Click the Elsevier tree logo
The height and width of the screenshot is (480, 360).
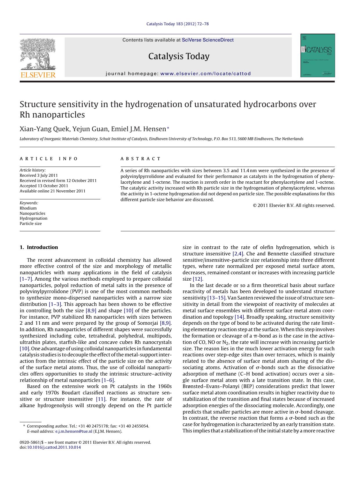tap(38, 54)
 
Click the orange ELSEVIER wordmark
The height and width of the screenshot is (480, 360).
tap(38, 75)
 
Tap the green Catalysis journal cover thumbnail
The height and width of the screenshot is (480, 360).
tap(318, 55)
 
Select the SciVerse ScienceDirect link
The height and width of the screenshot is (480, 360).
tap(207, 40)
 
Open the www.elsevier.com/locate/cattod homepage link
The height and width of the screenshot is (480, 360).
tap(205, 74)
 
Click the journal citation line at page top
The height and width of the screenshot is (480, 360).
tap(177, 24)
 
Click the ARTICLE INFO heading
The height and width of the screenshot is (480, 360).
tap(49, 159)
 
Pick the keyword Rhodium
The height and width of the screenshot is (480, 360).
tap(28, 208)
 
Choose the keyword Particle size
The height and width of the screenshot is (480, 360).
tap(31, 223)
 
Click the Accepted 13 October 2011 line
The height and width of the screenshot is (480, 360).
tap(44, 186)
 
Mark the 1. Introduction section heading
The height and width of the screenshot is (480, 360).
tap(39, 247)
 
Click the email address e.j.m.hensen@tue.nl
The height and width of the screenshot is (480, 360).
tap(74, 431)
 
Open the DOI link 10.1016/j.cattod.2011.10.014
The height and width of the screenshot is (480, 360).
tap(54, 447)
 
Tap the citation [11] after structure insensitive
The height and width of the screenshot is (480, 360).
tap(101, 399)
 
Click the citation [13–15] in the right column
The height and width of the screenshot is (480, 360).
tap(216, 298)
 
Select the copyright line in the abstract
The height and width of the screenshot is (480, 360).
tap(294, 205)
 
